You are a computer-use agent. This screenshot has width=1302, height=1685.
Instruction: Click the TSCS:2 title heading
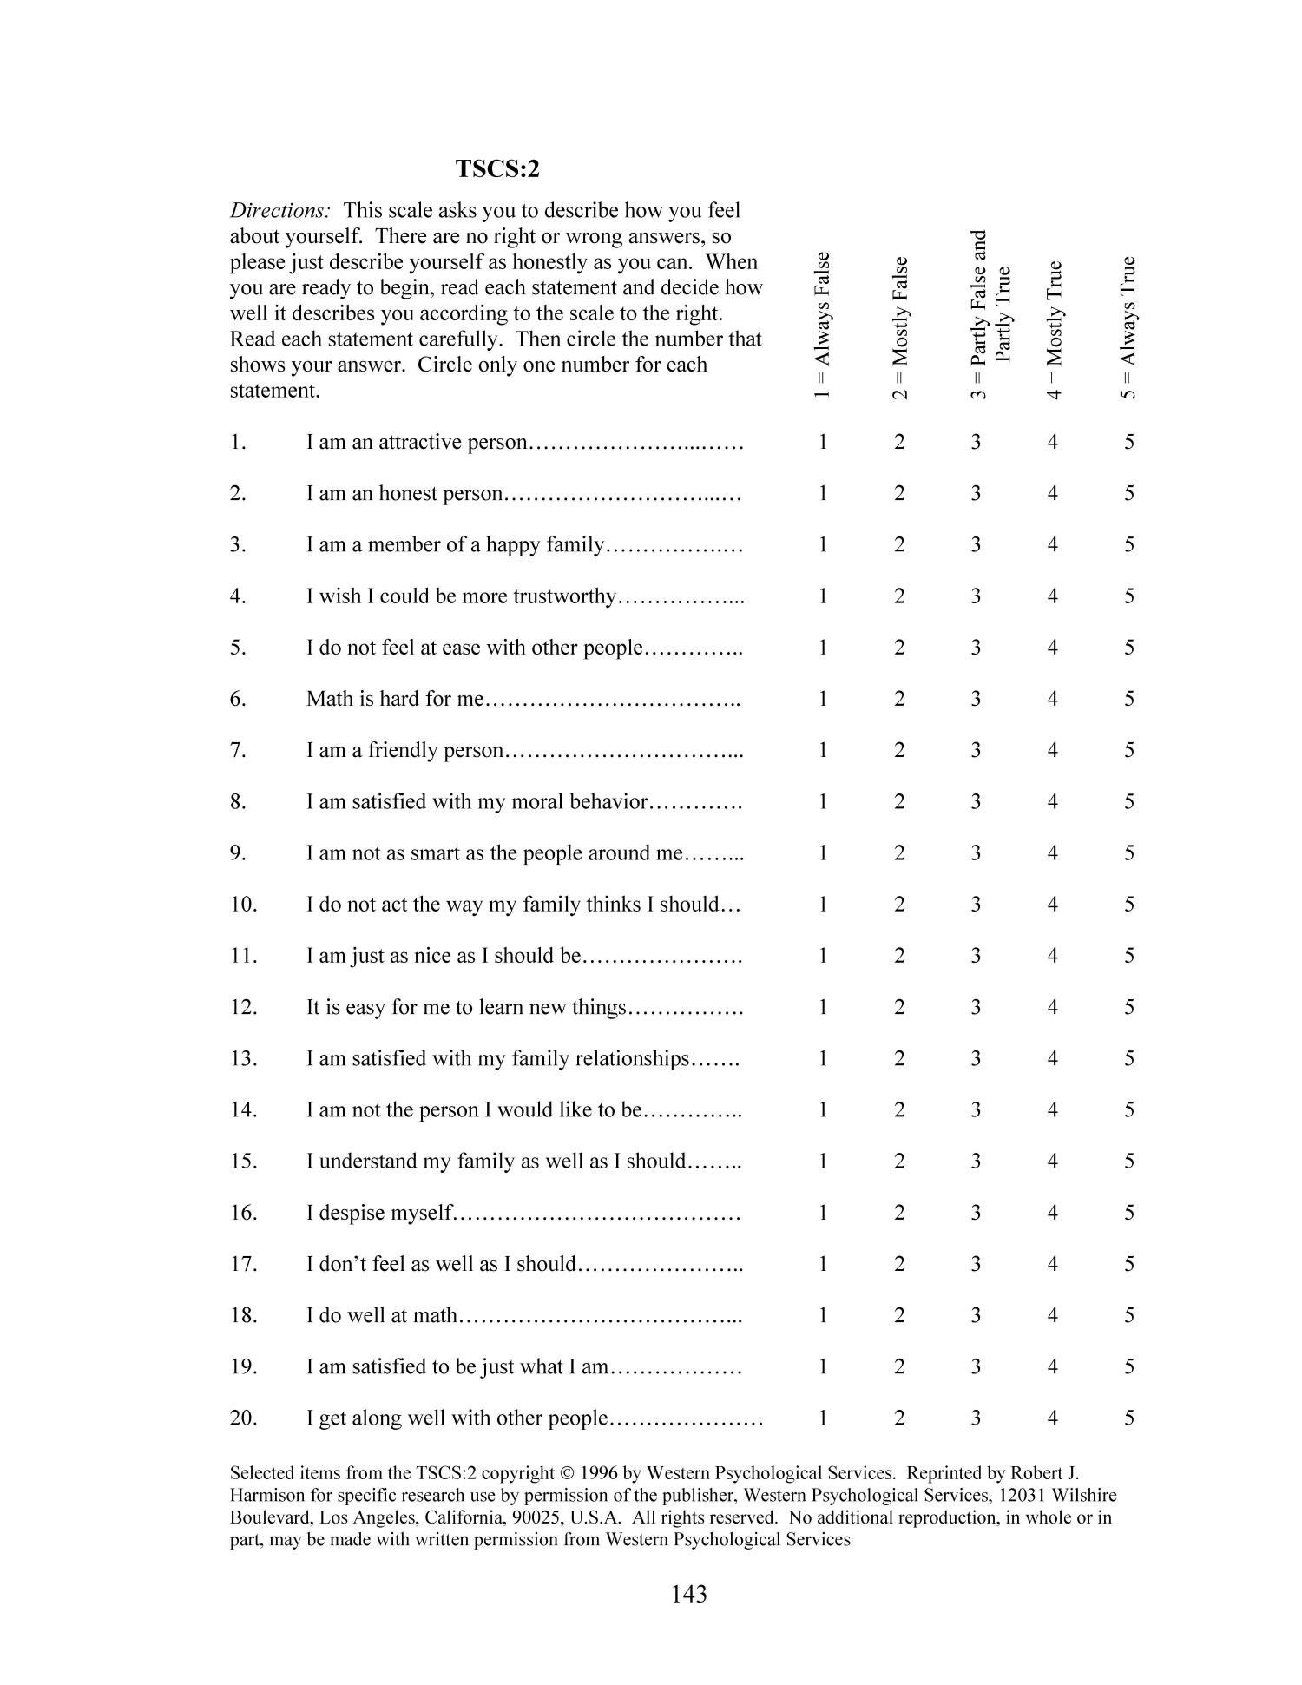(497, 169)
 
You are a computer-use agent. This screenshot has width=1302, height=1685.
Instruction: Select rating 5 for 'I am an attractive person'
(1128, 442)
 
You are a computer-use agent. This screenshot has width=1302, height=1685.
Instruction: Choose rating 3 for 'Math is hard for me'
(976, 699)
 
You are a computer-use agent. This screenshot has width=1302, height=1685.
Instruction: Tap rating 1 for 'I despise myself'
(822, 1213)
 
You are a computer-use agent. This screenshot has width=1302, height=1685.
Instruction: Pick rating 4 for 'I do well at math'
(1052, 1315)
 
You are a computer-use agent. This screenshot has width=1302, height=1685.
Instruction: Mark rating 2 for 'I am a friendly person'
(899, 750)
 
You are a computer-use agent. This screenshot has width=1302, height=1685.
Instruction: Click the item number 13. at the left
(243, 1058)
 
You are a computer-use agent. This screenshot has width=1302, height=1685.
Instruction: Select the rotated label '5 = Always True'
(1128, 327)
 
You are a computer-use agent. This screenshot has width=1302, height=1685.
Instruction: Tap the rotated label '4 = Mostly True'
(1054, 330)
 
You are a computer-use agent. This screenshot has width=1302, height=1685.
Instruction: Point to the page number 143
(688, 1594)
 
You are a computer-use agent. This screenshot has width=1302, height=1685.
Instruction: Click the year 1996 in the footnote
(600, 1473)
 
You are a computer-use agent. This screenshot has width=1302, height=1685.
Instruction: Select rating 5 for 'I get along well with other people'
(1128, 1418)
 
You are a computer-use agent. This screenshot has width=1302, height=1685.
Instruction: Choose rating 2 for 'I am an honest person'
(899, 493)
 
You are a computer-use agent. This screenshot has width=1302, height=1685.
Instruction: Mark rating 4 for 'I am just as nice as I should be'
(1052, 956)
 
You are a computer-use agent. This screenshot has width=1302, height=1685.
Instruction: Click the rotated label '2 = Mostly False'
(900, 328)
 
